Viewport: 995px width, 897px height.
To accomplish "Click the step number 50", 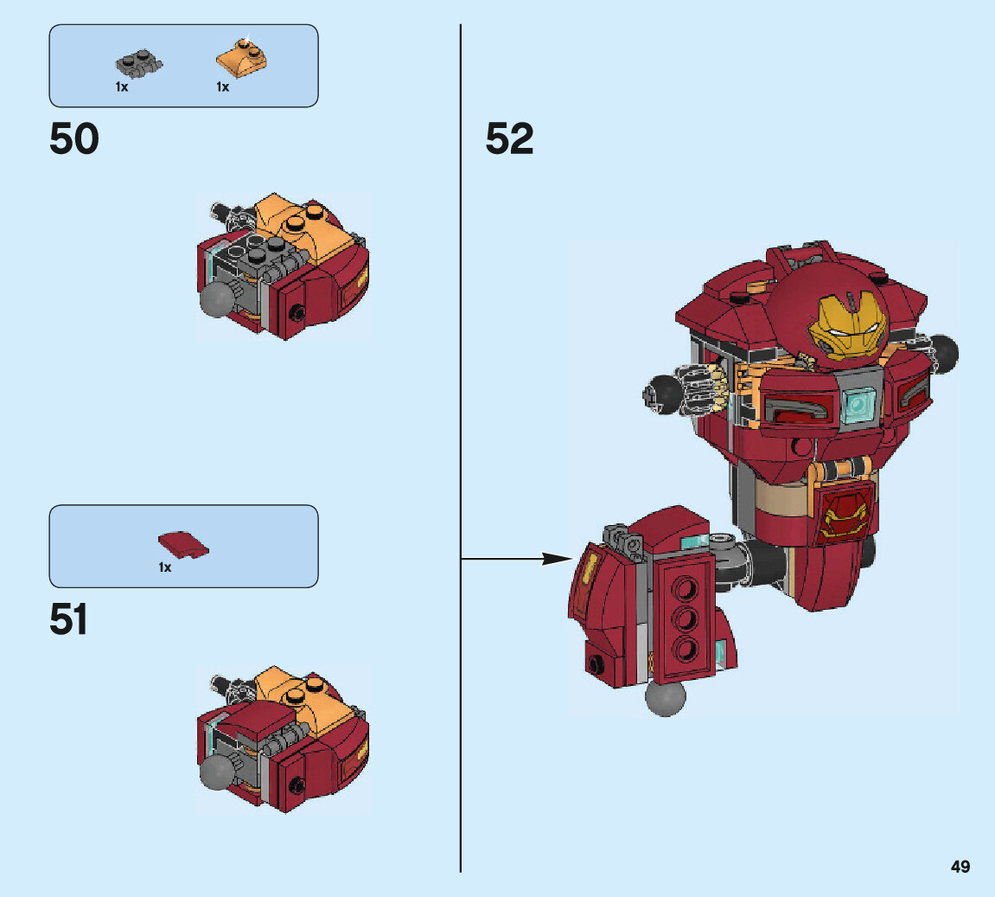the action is pyautogui.click(x=74, y=139).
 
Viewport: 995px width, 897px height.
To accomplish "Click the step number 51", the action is pyautogui.click(x=69, y=620).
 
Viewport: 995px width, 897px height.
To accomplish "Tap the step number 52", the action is pyautogui.click(x=509, y=139).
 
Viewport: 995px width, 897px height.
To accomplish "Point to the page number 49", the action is pyautogui.click(x=960, y=867).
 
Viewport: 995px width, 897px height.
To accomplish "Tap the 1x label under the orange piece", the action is pyautogui.click(x=223, y=87).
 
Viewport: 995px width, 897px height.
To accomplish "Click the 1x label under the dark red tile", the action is pyautogui.click(x=164, y=568).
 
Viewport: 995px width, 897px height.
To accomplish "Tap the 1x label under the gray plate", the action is pyautogui.click(x=122, y=87).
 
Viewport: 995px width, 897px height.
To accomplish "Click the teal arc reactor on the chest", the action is pyautogui.click(x=858, y=402).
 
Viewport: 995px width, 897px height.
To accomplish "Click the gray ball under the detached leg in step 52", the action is pyautogui.click(x=665, y=698).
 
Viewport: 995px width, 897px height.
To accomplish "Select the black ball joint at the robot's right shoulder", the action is pyautogui.click(x=944, y=353).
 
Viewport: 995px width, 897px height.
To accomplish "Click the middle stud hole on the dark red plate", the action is pyautogui.click(x=685, y=618).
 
